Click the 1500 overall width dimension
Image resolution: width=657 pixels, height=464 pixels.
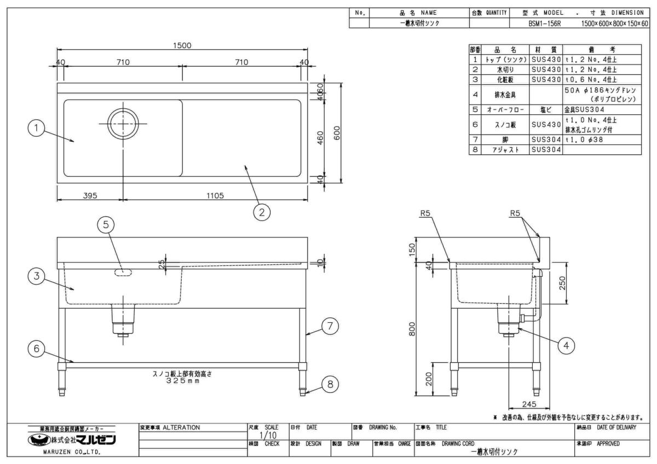click(x=182, y=46)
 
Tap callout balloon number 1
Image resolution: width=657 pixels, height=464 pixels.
click(x=36, y=129)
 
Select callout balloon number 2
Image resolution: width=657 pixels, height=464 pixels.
click(x=262, y=212)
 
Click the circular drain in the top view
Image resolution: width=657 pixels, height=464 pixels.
click(x=124, y=124)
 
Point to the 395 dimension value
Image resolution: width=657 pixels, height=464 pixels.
click(x=90, y=196)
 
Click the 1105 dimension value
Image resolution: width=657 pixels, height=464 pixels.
click(x=214, y=196)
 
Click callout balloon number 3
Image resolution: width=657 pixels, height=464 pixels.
click(x=37, y=277)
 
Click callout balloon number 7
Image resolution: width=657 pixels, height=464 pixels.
click(x=328, y=326)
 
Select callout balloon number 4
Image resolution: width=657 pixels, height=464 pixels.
click(x=567, y=345)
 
